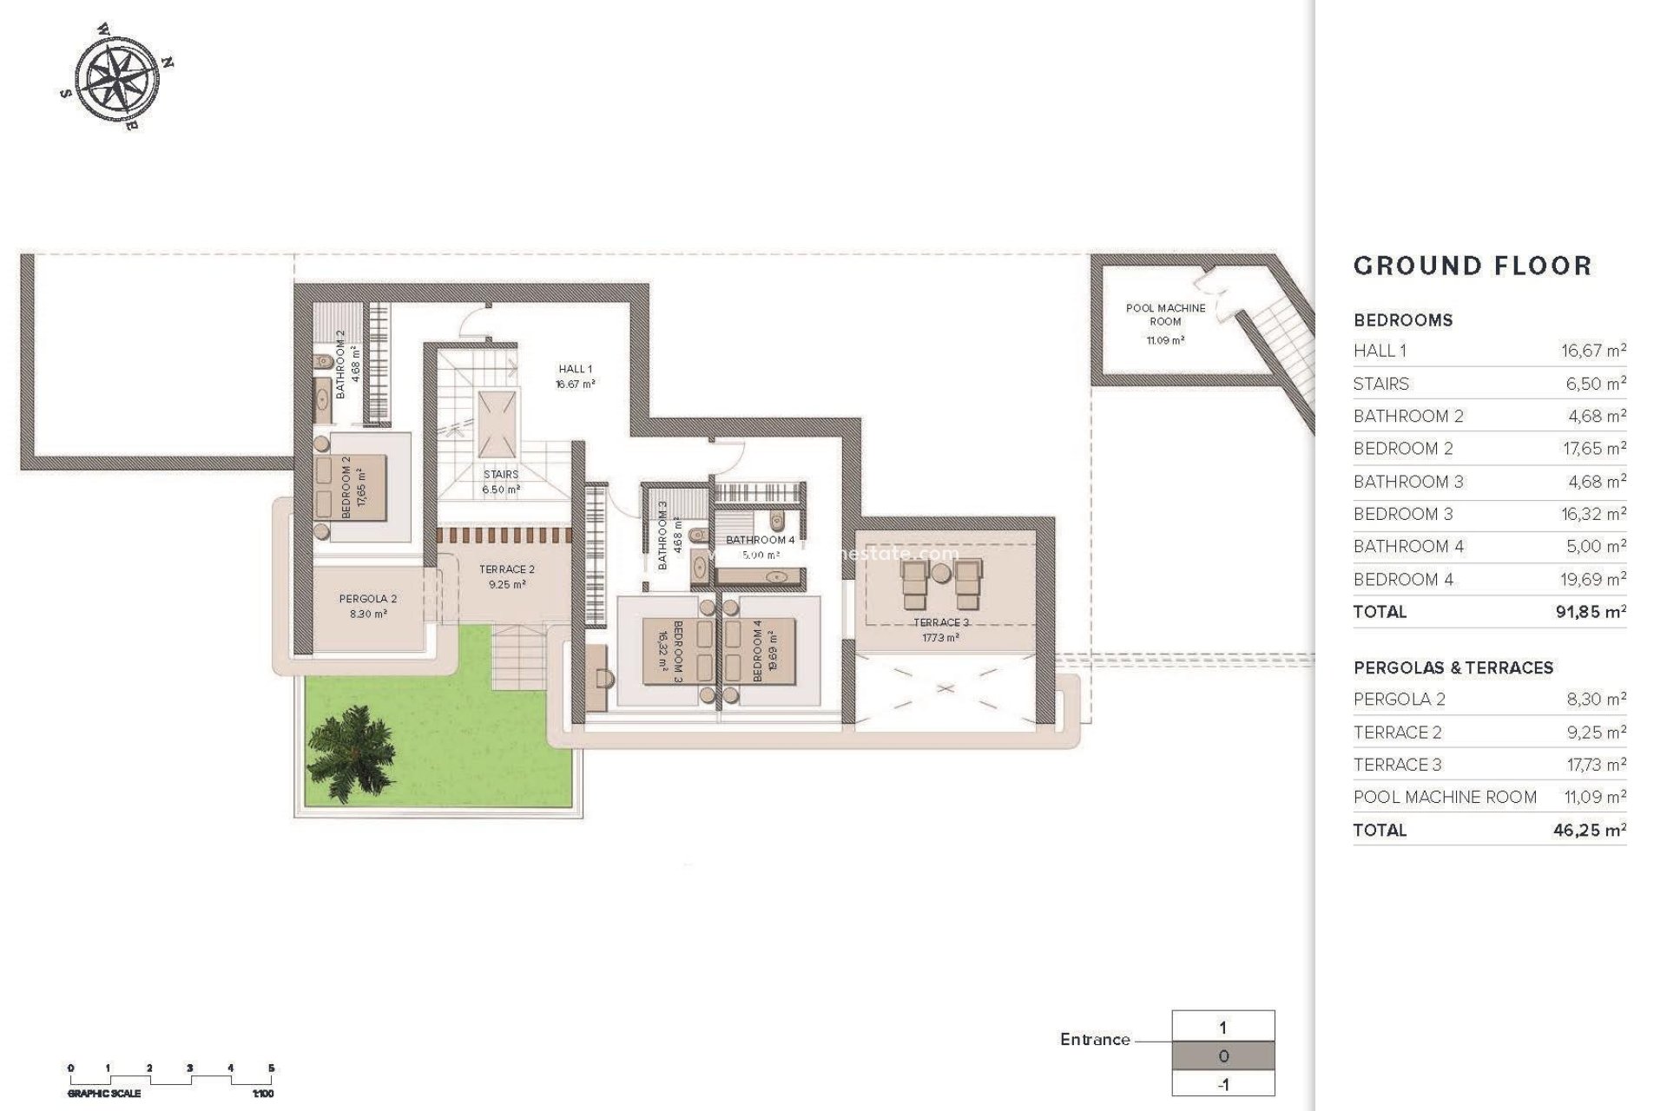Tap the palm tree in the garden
[x=352, y=751]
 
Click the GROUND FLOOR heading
[x=1473, y=266]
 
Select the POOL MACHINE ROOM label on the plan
[x=1165, y=315]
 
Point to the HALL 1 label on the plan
[x=575, y=370]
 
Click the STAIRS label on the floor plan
[x=501, y=475]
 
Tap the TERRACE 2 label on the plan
[x=507, y=569]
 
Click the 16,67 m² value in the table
[x=1593, y=351]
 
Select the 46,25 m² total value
[x=1589, y=830]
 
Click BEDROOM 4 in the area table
[x=1403, y=579]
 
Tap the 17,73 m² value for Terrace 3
[x=1593, y=765]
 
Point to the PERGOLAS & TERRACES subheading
[x=1453, y=667]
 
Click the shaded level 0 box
[x=1223, y=1056]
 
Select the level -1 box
[x=1223, y=1084]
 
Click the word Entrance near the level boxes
[x=1095, y=1039]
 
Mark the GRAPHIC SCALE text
[x=104, y=1095]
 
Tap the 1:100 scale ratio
[x=263, y=1095]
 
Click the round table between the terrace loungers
[x=942, y=573]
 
